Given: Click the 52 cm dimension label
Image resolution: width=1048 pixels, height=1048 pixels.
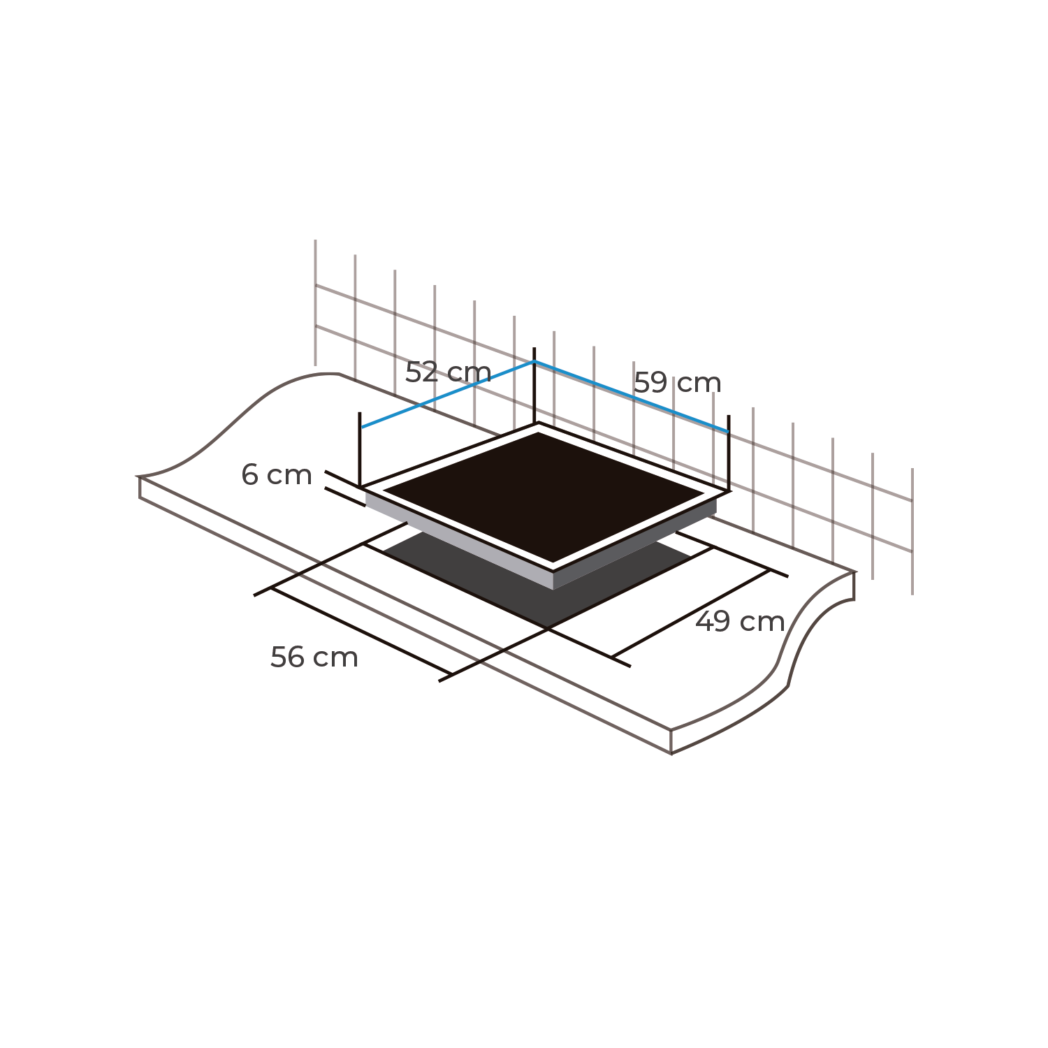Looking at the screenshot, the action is tap(448, 372).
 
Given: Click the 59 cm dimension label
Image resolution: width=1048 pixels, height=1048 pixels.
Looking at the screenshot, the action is tap(677, 383).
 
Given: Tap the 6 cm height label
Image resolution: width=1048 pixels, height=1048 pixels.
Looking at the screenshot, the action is tap(277, 475).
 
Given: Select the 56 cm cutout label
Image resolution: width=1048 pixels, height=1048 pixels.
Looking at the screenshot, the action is tap(314, 657).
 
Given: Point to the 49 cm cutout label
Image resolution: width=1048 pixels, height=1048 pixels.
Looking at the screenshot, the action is tap(740, 622).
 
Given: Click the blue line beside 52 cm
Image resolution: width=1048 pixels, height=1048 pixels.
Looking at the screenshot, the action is tap(448, 395).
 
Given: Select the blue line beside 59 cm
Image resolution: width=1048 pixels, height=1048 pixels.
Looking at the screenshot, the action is tap(632, 397).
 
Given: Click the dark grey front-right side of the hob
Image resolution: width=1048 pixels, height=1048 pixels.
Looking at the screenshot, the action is tap(635, 544).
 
